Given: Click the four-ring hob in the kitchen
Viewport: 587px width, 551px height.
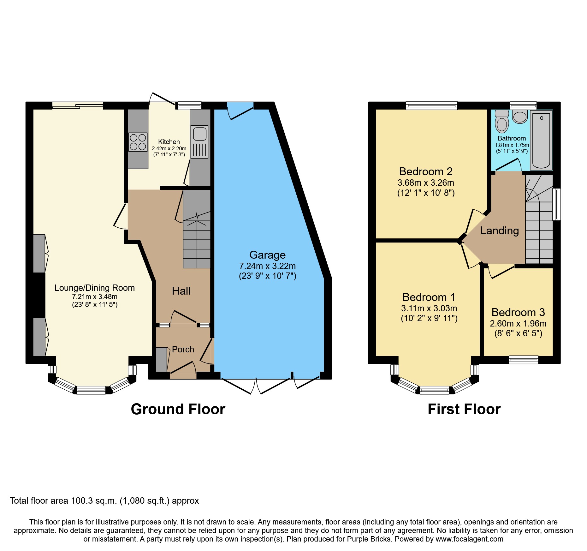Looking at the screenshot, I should pyautogui.click(x=138, y=142).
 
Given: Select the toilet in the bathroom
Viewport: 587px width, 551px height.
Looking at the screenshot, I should pyautogui.click(x=502, y=122).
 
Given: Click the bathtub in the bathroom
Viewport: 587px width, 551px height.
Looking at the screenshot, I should pyautogui.click(x=541, y=140).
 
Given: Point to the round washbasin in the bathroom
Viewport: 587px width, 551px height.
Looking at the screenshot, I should pyautogui.click(x=520, y=117).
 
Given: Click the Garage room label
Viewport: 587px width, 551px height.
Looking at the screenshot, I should pyautogui.click(x=267, y=255).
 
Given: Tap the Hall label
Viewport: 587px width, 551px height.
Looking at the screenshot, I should pyautogui.click(x=181, y=291).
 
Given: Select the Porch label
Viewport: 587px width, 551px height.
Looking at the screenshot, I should pyautogui.click(x=183, y=350).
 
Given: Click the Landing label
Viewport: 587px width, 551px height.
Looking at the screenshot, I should pyautogui.click(x=499, y=231).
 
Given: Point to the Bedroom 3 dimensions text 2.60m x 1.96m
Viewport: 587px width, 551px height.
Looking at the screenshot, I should pyautogui.click(x=518, y=324).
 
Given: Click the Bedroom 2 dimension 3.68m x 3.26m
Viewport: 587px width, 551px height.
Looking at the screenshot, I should pyautogui.click(x=425, y=183).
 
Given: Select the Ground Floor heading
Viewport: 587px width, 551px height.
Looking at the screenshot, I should pyautogui.click(x=178, y=409).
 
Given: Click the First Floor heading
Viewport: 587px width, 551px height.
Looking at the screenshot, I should pyautogui.click(x=464, y=409).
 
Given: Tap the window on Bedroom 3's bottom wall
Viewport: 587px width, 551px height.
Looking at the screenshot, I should pyautogui.click(x=523, y=360).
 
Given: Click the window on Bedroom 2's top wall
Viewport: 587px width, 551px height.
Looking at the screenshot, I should pyautogui.click(x=431, y=105).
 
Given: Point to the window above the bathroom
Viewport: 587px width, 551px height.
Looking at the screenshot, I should pyautogui.click(x=523, y=105).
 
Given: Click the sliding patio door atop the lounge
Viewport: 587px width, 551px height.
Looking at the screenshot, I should pyautogui.click(x=78, y=105).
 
